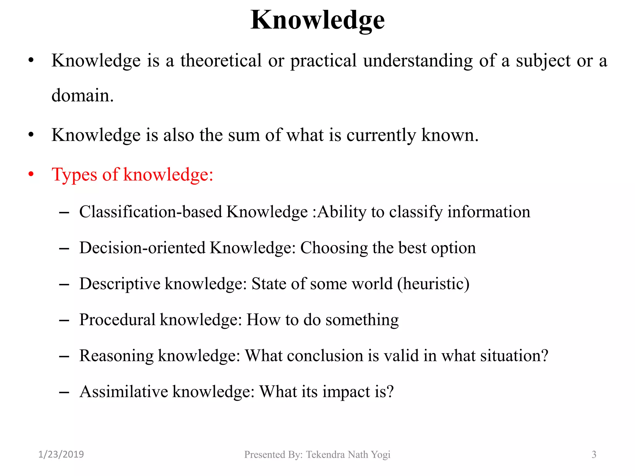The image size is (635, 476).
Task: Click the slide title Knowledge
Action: click(317, 20)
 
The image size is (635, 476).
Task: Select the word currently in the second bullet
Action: click(381, 135)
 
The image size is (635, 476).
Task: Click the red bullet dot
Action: click(31, 174)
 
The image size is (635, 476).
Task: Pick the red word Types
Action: click(74, 174)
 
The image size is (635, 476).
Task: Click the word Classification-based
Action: click(151, 212)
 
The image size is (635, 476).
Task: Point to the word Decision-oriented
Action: click(142, 248)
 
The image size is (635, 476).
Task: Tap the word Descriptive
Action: click(120, 284)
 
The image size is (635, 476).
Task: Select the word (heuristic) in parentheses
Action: click(433, 284)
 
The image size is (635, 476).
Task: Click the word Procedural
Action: click(117, 320)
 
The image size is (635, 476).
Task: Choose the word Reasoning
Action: click(116, 356)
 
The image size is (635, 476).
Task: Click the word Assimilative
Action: click(123, 392)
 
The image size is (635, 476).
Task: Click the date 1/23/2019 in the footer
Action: click(61, 454)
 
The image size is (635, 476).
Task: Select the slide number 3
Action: click(594, 455)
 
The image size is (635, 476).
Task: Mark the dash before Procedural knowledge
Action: click(64, 320)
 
